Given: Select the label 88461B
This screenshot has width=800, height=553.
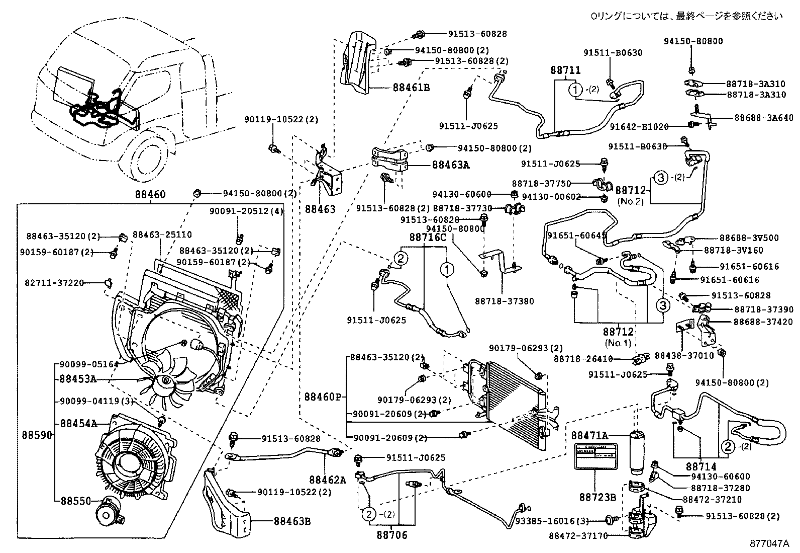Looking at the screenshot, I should (411, 88).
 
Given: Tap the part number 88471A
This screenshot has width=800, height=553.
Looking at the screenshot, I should (590, 435).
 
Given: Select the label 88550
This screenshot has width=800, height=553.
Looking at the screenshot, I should (76, 501).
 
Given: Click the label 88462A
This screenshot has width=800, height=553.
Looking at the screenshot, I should (328, 480).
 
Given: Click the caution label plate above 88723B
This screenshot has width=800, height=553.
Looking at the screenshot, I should (596, 457).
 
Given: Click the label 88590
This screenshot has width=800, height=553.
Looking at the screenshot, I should (37, 434).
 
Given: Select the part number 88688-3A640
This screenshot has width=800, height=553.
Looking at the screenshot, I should (763, 118).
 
